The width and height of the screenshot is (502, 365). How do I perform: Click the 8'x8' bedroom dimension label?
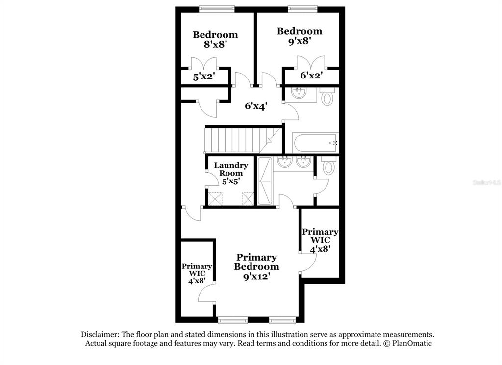click(x=216, y=44)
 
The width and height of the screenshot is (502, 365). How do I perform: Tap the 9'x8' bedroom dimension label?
click(x=300, y=41)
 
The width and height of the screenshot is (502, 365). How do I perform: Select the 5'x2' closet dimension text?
click(x=204, y=77)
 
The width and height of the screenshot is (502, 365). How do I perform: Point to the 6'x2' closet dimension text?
click(x=311, y=76)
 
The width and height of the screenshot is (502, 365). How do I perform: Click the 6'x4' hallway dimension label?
click(x=256, y=106)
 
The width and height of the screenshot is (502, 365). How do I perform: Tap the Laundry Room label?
click(x=231, y=169)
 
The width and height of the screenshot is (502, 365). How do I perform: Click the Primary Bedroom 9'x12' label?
click(x=256, y=266)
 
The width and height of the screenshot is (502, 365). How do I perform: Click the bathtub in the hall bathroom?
click(x=315, y=143)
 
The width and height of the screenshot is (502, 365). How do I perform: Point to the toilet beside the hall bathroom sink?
click(x=327, y=97)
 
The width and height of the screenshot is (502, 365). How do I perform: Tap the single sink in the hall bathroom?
click(x=299, y=93)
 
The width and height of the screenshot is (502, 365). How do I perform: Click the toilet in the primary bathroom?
click(x=328, y=165)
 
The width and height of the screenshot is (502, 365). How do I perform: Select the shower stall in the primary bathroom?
click(x=265, y=181)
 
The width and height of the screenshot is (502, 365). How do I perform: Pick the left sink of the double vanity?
click(x=284, y=162)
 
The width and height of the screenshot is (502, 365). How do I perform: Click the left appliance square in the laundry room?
click(x=215, y=198)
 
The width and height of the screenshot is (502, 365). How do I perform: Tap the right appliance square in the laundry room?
click(x=248, y=198)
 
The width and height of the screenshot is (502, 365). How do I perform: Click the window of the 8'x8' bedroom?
click(x=217, y=9)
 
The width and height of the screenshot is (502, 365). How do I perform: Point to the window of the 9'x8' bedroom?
click(x=302, y=9)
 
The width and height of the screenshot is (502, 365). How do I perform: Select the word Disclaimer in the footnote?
click(x=100, y=334)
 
